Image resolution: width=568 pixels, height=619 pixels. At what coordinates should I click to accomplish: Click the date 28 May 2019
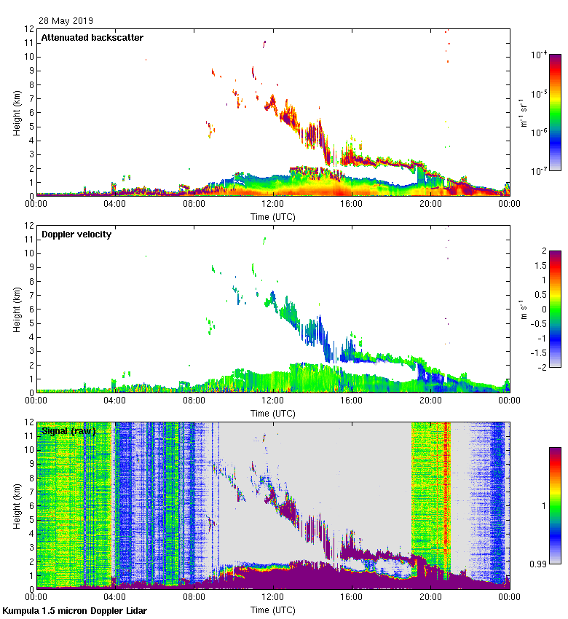pos(66,21)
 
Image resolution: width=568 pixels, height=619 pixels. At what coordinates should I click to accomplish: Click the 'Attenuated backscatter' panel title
pos(92,38)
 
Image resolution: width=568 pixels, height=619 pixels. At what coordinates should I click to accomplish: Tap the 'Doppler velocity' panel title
pos(76,234)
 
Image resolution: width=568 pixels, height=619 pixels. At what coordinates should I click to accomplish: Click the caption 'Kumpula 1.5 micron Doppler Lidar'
pos(75,610)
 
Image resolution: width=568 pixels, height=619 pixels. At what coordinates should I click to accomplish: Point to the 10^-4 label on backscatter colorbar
pos(540,55)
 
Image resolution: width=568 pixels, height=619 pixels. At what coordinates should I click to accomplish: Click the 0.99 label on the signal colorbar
pos(539,564)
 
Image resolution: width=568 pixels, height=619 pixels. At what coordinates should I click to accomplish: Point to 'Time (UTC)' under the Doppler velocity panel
pos(272,413)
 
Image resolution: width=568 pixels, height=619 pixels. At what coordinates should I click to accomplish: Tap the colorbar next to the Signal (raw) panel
pos(555,505)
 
